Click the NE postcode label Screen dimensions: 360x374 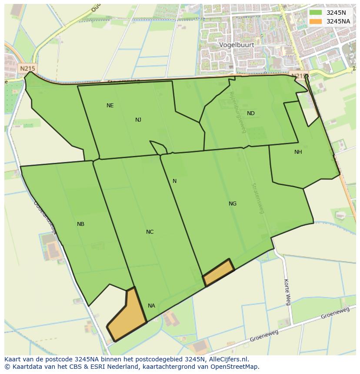point(110,106)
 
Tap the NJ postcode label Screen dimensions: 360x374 point(138,120)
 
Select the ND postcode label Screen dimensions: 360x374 point(250,113)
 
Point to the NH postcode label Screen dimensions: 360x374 point(298,152)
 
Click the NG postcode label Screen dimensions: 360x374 point(233,204)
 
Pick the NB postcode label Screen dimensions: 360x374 point(80,224)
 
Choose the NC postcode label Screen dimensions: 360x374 point(150,232)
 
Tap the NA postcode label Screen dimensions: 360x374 point(151,306)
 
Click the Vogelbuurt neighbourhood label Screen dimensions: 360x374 point(237,45)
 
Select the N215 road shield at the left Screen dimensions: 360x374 point(27,69)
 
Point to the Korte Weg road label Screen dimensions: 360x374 point(287,292)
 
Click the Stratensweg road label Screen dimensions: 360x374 point(258,198)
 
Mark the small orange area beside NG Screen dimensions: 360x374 point(219,272)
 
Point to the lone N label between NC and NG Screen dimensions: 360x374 point(174,181)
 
